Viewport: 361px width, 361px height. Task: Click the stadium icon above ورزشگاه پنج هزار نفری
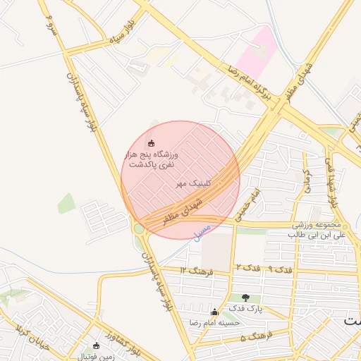point(150,144)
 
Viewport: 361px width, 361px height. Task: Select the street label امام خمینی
point(246,204)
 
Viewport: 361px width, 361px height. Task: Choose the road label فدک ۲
point(247,269)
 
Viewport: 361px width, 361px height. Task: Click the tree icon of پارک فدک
point(245,298)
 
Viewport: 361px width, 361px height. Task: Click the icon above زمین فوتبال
point(97,345)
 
